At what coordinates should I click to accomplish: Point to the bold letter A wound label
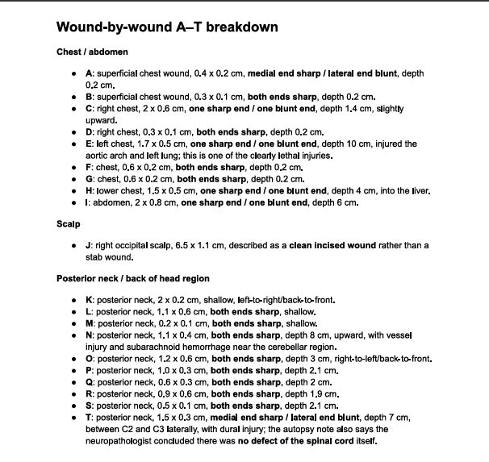coord(90,73)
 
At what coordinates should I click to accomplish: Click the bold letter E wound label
coord(89,144)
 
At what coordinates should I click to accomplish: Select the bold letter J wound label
coord(89,245)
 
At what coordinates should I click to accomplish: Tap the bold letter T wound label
coord(89,418)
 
